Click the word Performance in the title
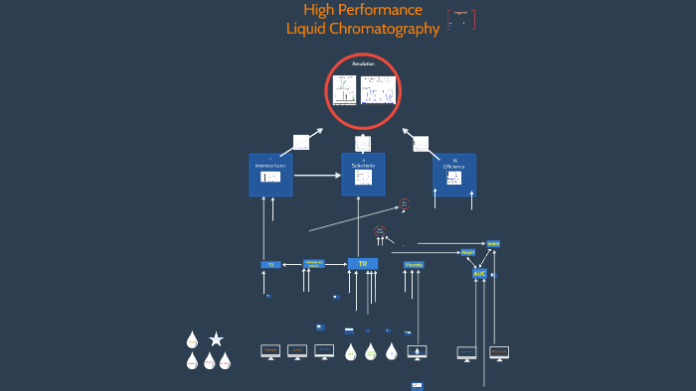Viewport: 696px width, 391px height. (x=382, y=10)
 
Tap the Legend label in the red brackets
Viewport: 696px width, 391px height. (x=460, y=14)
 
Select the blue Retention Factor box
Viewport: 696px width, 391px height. (x=270, y=175)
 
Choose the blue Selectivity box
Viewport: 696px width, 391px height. (x=363, y=175)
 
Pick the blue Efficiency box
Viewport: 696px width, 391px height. (x=453, y=175)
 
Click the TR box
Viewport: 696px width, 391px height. (x=362, y=263)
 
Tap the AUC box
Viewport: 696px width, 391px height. (x=480, y=273)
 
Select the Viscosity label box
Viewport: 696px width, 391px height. (x=414, y=264)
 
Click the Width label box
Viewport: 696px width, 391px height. (x=493, y=243)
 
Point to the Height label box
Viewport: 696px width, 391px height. (x=467, y=253)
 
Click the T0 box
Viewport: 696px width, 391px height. (x=269, y=265)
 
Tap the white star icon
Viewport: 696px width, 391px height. (x=216, y=339)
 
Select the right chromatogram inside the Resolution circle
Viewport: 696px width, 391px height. (x=378, y=89)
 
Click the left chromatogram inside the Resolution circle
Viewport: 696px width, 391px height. (x=344, y=89)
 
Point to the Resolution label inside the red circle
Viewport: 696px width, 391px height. (x=363, y=64)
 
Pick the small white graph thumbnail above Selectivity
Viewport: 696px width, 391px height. (x=362, y=143)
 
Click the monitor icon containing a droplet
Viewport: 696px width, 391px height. (x=417, y=352)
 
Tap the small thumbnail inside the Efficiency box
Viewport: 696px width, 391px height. (x=453, y=178)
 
